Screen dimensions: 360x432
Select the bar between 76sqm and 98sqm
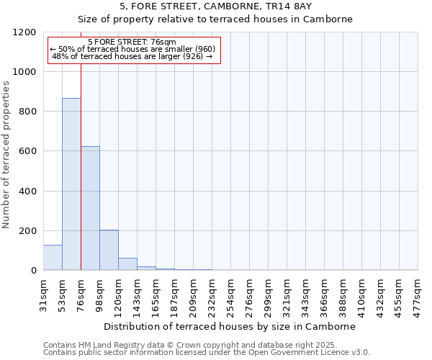click(90, 209)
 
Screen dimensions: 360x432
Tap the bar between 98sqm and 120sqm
click(109, 250)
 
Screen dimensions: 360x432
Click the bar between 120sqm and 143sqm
click(127, 264)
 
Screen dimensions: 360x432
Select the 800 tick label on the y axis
click(27, 112)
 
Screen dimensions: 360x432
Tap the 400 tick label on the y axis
click(27, 192)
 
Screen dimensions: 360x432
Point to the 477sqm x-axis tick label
click(418, 293)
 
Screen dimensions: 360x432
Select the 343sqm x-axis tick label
click(305, 293)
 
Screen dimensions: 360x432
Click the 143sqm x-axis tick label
click(137, 293)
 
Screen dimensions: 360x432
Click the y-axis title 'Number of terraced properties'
click(6, 155)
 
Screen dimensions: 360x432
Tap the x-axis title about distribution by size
click(230, 326)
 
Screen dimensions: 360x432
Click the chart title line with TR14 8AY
click(215, 6)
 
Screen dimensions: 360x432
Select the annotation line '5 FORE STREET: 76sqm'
click(132, 42)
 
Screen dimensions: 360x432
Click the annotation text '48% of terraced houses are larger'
click(132, 56)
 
